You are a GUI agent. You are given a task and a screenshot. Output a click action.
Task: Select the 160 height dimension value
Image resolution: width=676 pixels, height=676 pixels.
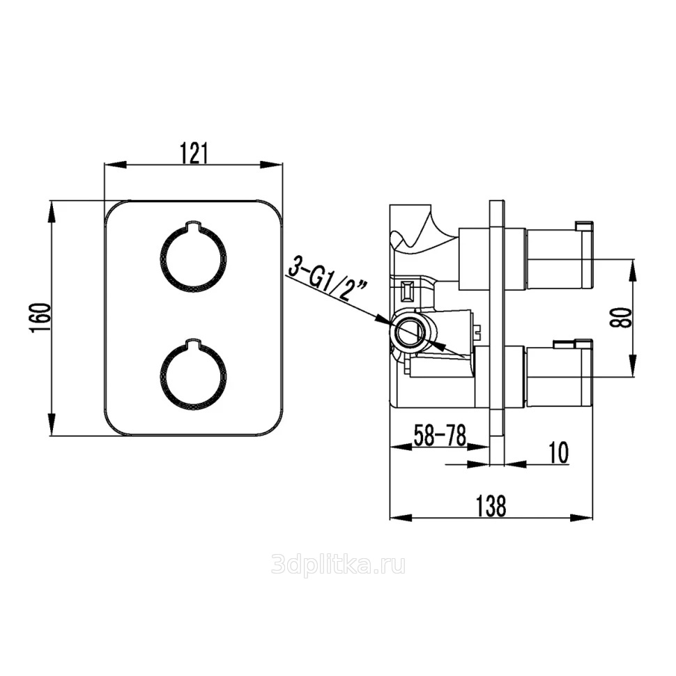pos(40,318)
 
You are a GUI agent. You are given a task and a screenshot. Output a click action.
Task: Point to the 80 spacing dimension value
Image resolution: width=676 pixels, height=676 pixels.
pos(621,318)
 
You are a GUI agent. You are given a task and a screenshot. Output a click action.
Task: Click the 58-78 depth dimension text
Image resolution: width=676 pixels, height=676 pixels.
pos(440,435)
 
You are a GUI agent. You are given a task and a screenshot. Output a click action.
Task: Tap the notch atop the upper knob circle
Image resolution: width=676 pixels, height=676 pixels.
pos(194,224)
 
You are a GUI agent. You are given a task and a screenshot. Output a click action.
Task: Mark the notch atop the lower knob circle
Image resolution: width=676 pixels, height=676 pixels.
pos(194,343)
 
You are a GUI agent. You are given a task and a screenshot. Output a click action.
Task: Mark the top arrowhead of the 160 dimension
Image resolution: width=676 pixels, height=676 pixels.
pos(52,211)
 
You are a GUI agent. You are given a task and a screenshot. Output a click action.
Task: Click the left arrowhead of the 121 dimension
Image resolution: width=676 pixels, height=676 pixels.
pos(116,164)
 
